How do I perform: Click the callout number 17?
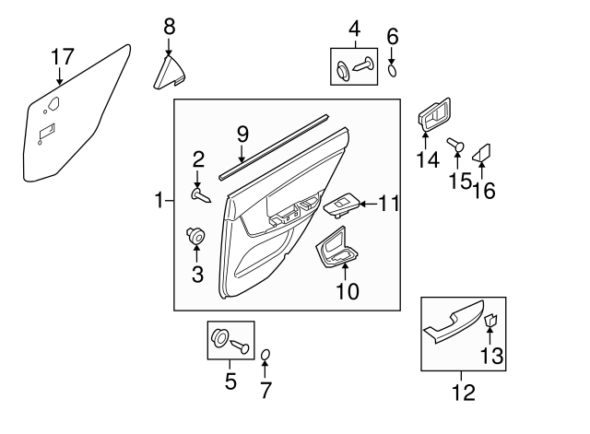[x=63, y=57]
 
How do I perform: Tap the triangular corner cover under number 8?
[x=169, y=74]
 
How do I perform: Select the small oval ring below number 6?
[x=392, y=70]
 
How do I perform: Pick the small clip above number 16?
[x=481, y=154]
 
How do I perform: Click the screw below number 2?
[x=201, y=195]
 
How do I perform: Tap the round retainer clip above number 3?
[x=195, y=235]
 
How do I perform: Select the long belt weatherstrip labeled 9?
[x=274, y=147]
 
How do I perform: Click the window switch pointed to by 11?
[x=341, y=205]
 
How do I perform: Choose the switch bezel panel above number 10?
[x=336, y=249]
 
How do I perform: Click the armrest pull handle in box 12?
[x=453, y=321]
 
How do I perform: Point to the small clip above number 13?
[x=490, y=321]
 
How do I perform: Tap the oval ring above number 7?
[x=265, y=355]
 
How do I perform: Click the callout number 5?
[x=230, y=381]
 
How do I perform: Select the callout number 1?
[x=159, y=200]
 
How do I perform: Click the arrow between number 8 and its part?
[x=169, y=46]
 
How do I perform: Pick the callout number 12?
[x=464, y=393]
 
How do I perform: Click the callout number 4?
[x=354, y=29]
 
